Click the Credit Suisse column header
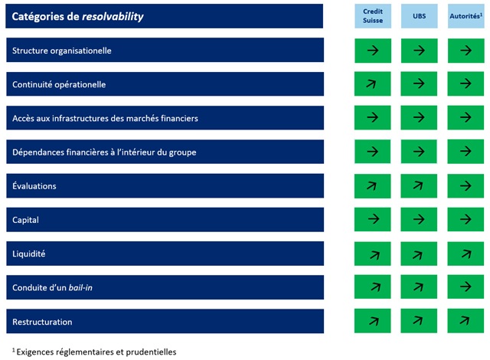[x=373, y=16]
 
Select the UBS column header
[x=419, y=16]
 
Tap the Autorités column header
[x=465, y=16]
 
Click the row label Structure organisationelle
[x=62, y=51]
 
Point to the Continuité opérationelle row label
[x=59, y=84]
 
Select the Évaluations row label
[x=34, y=186]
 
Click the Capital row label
[x=26, y=220]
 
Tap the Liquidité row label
[x=30, y=254]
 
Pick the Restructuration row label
[x=43, y=322]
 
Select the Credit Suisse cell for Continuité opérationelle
[x=373, y=84]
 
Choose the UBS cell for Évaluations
[x=419, y=186]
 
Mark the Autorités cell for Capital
[x=465, y=220]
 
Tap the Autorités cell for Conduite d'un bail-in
[x=465, y=287]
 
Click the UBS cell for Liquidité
[x=419, y=254]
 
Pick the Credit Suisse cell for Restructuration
[x=373, y=322]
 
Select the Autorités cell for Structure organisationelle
[x=465, y=51]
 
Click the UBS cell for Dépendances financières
[x=419, y=152]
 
